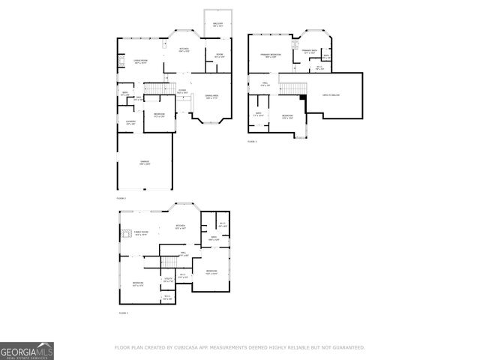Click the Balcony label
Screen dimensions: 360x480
217,25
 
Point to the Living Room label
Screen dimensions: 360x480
140,61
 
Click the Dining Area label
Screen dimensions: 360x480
211,97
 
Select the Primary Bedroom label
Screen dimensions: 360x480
271,55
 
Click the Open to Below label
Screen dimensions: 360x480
333,95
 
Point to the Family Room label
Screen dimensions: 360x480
142,233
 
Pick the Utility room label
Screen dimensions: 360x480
169,280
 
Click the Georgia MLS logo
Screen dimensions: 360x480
27,350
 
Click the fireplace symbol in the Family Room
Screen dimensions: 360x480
126,233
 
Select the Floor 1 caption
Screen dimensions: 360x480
123,313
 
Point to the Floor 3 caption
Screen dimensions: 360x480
253,141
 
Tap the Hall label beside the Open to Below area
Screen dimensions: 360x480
265,84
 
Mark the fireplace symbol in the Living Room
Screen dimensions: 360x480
120,60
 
